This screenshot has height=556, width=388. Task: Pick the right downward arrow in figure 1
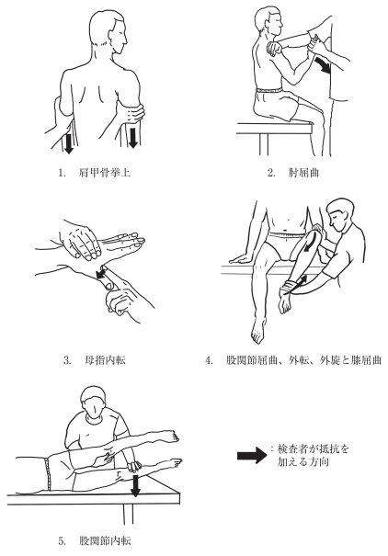tap(134, 137)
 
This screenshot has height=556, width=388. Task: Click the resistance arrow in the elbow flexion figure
tap(322, 68)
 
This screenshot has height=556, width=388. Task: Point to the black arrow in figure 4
tap(298, 272)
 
